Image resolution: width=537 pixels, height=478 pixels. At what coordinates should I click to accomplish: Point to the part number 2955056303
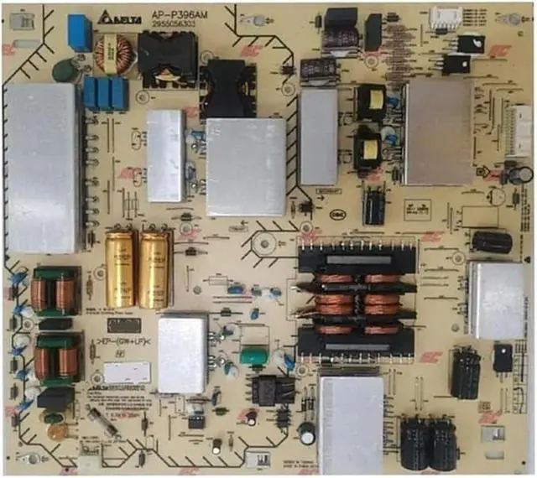(175, 23)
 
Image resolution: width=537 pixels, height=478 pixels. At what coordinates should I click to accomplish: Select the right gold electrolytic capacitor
(154, 268)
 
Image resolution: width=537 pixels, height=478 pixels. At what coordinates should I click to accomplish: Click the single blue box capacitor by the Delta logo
(80, 32)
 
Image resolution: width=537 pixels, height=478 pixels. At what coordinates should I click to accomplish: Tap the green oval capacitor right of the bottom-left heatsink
(253, 356)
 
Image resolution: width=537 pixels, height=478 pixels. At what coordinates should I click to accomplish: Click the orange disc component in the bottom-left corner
(57, 432)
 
